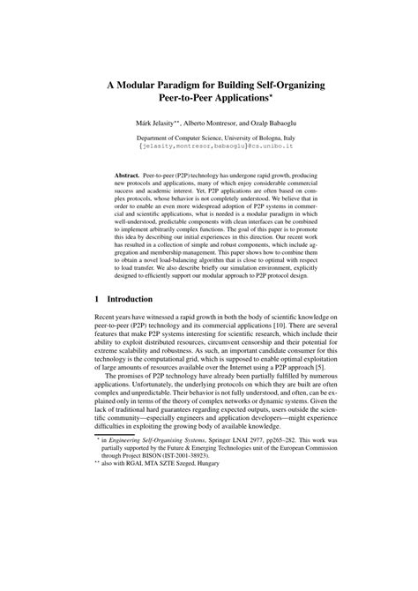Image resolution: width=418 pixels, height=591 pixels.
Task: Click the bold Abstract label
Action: coord(127,176)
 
